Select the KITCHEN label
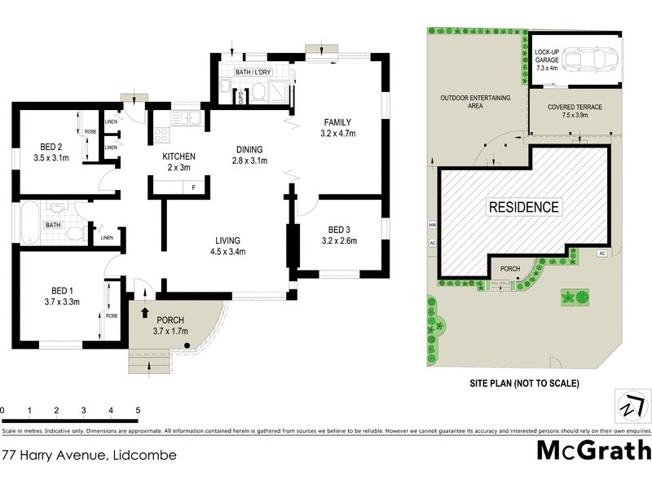(178, 156)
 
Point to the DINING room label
(249, 149)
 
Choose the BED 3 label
(339, 229)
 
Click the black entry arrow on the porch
(146, 311)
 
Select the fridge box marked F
(192, 188)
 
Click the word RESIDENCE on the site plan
(524, 207)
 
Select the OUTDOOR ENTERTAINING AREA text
(475, 101)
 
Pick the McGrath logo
(594, 450)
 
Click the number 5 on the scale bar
(138, 410)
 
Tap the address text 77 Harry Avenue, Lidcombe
(89, 455)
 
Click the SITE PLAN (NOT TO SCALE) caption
(523, 382)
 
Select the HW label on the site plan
(431, 226)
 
